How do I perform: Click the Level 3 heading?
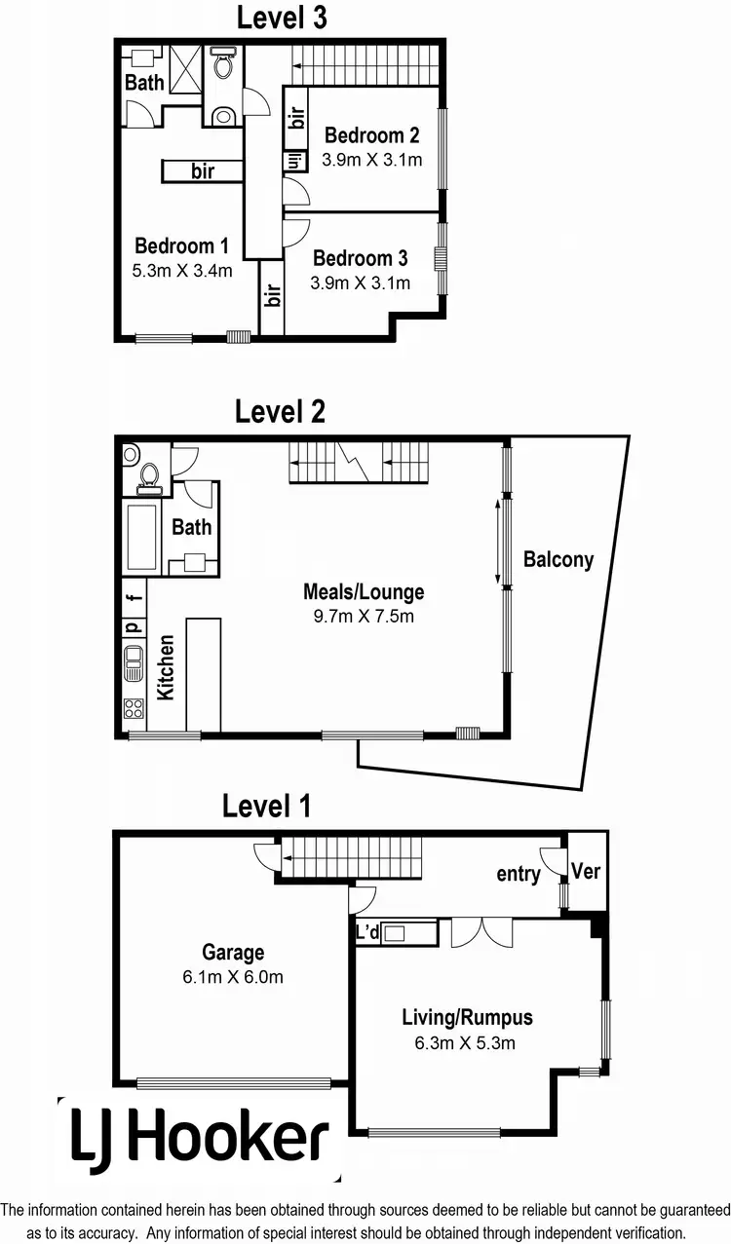tap(282, 17)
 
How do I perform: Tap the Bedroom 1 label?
tap(182, 245)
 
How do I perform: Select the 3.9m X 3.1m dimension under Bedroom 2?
tap(373, 160)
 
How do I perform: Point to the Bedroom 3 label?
tap(361, 258)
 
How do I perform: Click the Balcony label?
tap(558, 560)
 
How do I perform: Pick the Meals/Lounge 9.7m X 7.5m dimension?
tap(364, 616)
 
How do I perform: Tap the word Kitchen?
tap(167, 667)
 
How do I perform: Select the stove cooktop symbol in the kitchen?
tap(133, 709)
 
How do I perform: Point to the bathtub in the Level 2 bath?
tap(142, 539)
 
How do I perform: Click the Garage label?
tap(233, 953)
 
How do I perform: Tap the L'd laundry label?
tap(367, 933)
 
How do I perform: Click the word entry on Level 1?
tap(518, 874)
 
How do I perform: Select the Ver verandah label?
tap(586, 870)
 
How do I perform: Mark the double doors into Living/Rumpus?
tap(482, 930)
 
